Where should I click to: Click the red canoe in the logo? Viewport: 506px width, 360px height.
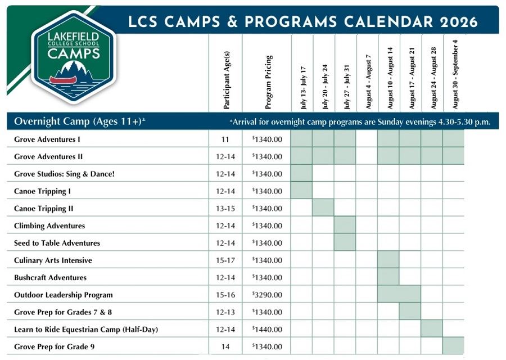[x=66, y=79]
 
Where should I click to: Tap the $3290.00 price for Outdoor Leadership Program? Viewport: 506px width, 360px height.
[x=268, y=295]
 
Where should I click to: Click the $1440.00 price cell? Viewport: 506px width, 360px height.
[x=268, y=330]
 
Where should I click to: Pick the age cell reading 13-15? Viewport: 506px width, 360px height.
[x=225, y=209]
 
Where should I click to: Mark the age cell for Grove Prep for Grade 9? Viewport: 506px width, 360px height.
[x=225, y=347]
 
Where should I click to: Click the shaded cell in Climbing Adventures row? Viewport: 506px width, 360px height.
[x=345, y=226]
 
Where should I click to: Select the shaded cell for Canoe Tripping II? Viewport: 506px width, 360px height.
[x=323, y=208]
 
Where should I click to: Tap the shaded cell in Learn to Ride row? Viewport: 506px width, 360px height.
[x=432, y=329]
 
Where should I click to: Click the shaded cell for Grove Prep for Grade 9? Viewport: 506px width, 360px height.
[x=453, y=346]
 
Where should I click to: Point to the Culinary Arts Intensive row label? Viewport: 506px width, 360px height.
[x=53, y=260]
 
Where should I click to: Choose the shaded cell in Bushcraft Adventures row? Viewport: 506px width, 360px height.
[x=388, y=277]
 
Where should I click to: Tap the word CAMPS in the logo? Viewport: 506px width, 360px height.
[x=74, y=54]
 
